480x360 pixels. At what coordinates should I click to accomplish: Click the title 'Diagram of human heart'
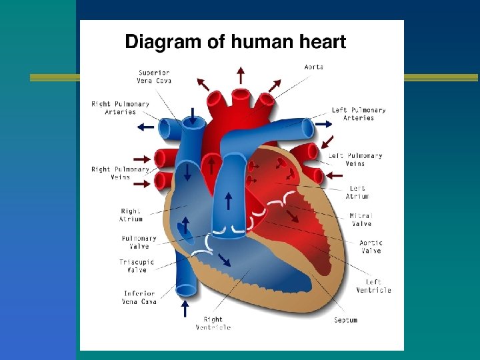pyautogui.click(x=235, y=43)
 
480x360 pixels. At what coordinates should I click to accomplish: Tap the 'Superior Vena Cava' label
pyautogui.click(x=155, y=77)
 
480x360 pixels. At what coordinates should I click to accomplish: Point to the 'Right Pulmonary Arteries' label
pyautogui.click(x=121, y=108)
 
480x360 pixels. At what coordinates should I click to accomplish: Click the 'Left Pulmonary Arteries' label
pyautogui.click(x=359, y=114)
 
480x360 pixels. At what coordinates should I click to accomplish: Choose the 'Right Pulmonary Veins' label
pyautogui.click(x=121, y=173)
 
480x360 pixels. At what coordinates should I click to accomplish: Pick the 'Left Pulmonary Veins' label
pyautogui.click(x=355, y=159)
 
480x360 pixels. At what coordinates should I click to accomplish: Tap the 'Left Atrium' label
pyautogui.click(x=357, y=192)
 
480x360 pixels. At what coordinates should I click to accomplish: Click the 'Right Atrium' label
pyautogui.click(x=131, y=215)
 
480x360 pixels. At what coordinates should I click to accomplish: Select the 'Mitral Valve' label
pyautogui.click(x=361, y=219)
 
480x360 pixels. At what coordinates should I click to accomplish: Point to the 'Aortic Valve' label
pyautogui.click(x=371, y=247)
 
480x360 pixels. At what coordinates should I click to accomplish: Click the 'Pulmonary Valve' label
pyautogui.click(x=139, y=242)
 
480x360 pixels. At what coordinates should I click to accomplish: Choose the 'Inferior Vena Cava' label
pyautogui.click(x=140, y=297)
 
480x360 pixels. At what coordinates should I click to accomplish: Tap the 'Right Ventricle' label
pyautogui.click(x=213, y=323)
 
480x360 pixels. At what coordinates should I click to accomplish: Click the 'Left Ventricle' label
pyautogui.click(x=373, y=286)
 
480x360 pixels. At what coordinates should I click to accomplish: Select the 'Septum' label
pyautogui.click(x=345, y=320)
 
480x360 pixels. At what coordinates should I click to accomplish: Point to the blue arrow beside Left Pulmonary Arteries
pyautogui.click(x=324, y=124)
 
